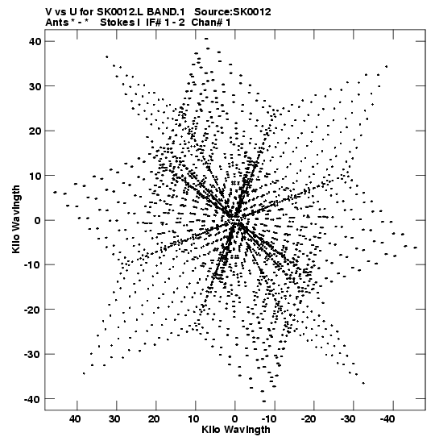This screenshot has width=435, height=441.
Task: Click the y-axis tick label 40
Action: (35, 42)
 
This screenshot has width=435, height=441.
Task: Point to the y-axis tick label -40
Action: (32, 399)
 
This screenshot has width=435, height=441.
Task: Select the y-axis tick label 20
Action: (35, 131)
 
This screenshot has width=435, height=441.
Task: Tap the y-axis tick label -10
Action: (32, 265)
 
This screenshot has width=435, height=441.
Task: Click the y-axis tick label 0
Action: (38, 221)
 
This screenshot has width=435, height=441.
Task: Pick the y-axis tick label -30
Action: (32, 355)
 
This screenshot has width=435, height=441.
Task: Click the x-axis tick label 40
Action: (75, 419)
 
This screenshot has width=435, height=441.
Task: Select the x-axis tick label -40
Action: (387, 419)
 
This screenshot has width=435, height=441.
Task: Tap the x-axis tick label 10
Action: (194, 419)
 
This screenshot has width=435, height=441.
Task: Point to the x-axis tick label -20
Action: (308, 419)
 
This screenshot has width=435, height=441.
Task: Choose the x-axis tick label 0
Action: (235, 419)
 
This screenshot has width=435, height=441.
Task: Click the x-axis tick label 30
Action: (115, 419)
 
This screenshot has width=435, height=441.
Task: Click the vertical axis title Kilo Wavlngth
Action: (16, 219)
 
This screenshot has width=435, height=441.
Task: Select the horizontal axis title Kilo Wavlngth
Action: (236, 430)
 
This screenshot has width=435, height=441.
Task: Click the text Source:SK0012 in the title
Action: (233, 12)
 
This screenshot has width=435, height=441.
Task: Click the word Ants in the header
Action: (56, 23)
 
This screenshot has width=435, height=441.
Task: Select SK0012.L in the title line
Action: (121, 12)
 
